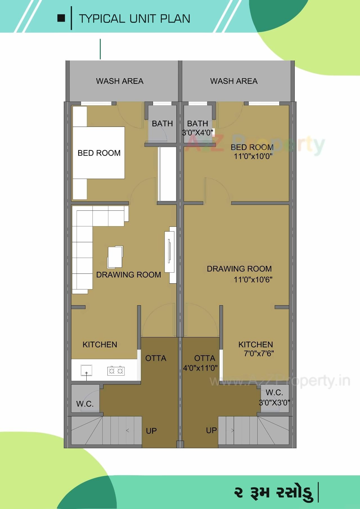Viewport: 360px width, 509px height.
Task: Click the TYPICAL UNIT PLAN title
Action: tap(134, 19)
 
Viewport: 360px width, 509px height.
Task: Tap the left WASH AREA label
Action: tap(120, 81)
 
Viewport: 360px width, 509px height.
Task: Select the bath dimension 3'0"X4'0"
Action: tap(197, 132)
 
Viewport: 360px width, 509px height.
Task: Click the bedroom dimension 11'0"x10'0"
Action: tap(253, 156)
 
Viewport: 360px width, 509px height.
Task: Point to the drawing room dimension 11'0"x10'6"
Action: tap(253, 280)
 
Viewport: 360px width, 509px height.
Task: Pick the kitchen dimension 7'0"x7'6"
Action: tap(259, 353)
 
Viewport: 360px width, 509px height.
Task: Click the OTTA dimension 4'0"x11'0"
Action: tap(200, 368)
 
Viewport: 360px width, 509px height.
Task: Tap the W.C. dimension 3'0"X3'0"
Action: tap(274, 403)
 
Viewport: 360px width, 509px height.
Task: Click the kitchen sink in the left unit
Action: tap(86, 370)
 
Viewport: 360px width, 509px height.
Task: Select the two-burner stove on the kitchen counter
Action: tap(116, 371)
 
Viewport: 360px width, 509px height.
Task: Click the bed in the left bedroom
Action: tap(98, 153)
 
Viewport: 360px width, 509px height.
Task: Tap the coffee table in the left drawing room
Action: tap(115, 257)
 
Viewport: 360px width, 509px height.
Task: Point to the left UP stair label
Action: tap(151, 431)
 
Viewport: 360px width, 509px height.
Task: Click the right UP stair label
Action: tap(211, 430)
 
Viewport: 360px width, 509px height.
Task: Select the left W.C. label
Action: tap(85, 404)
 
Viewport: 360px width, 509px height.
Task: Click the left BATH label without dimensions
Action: tap(162, 124)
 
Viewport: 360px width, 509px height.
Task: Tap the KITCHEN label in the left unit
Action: tap(100, 344)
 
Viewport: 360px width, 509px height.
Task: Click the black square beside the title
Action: tap(61, 18)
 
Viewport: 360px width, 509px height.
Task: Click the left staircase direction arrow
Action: tap(128, 430)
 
